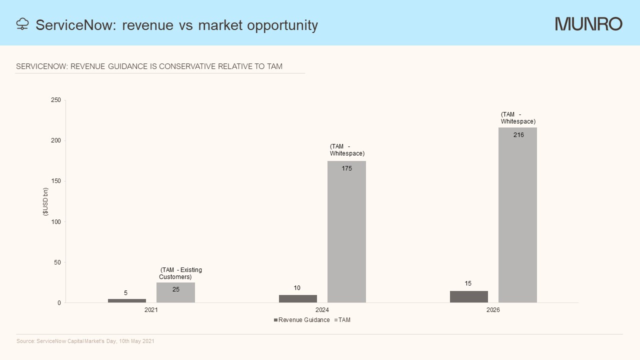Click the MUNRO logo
tap(588, 24)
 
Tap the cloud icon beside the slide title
tap(22, 24)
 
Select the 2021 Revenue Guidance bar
tap(127, 300)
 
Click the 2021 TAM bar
tap(175, 293)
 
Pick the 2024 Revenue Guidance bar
tap(298, 298)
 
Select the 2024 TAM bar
tap(346, 232)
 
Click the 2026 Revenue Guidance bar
tap(469, 296)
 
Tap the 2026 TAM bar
tap(517, 215)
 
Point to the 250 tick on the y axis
tap(56, 100)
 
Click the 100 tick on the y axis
tap(56, 221)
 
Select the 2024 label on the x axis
tap(322, 310)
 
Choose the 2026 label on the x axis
tap(493, 310)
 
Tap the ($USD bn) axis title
tap(45, 201)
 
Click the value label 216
tap(518, 135)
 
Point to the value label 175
tap(347, 168)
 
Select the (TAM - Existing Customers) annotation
tap(180, 273)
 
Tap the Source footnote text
tap(85, 341)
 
